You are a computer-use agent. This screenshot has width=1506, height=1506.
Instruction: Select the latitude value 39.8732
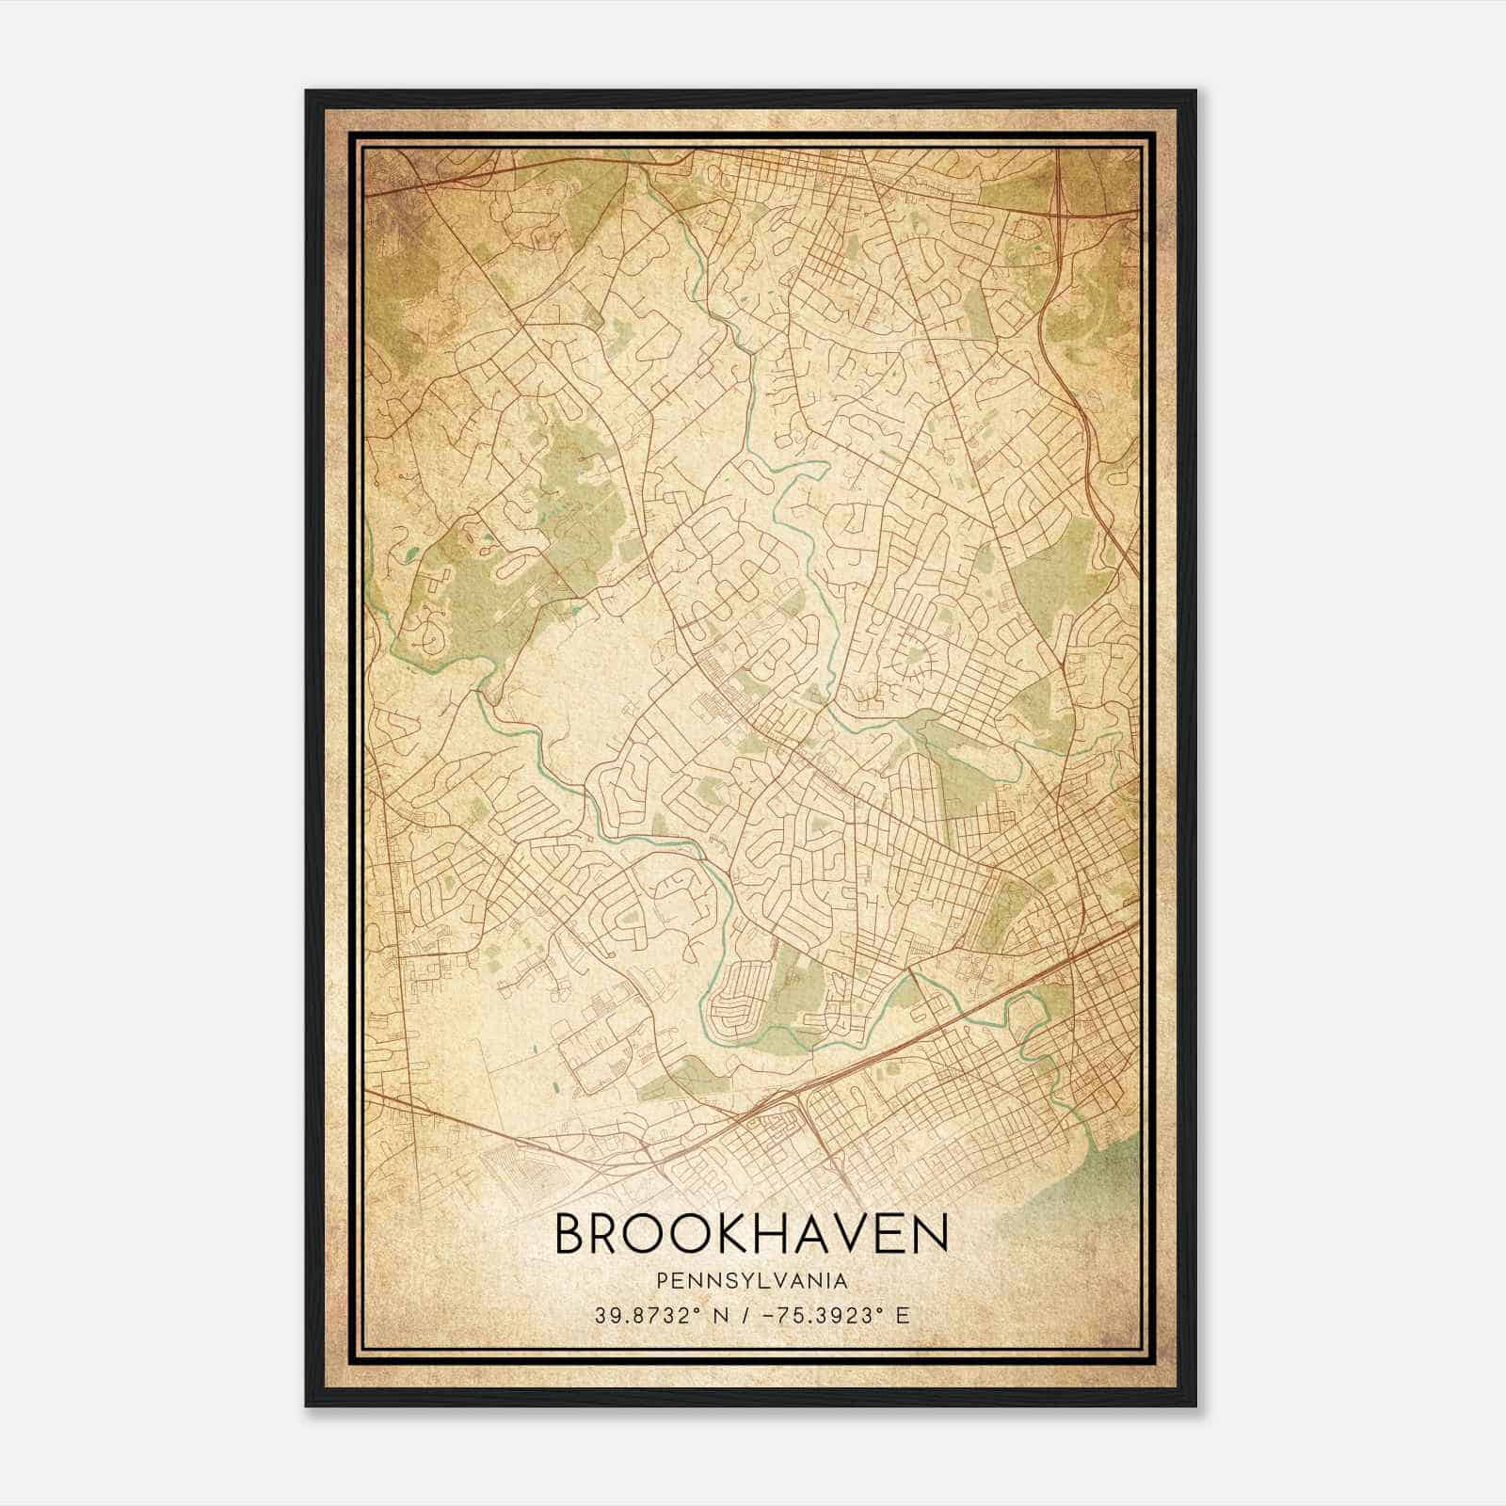645,1315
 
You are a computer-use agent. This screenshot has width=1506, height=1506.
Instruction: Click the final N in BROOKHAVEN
928,1235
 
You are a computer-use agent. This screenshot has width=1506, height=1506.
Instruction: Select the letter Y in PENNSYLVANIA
734,1281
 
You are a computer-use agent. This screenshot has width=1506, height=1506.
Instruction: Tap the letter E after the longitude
904,1315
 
